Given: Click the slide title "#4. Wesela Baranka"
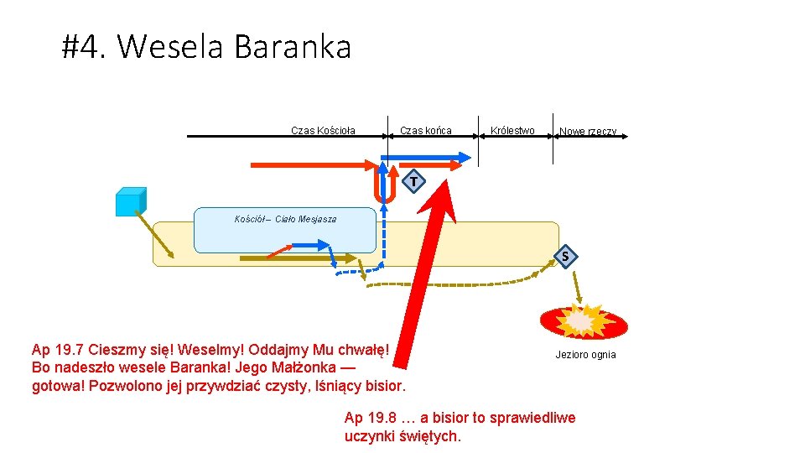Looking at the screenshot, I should point(206,47).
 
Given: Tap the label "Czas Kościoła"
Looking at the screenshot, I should point(323,131).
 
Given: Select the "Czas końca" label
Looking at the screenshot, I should point(426,131).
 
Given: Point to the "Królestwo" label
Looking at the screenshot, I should point(512,131).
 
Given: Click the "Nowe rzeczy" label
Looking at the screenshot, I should point(588,132).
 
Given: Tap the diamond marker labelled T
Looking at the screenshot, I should point(413,181).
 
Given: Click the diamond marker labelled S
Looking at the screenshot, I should point(566,255).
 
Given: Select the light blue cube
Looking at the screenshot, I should point(131,202).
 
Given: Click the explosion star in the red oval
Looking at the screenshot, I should point(582,320).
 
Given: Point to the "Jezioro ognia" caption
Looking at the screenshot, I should point(585,355).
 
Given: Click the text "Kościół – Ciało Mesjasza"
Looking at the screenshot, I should point(285,220).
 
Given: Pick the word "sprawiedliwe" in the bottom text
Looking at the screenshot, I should point(535,418).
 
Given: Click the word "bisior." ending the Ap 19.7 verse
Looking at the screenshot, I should point(382,387).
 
